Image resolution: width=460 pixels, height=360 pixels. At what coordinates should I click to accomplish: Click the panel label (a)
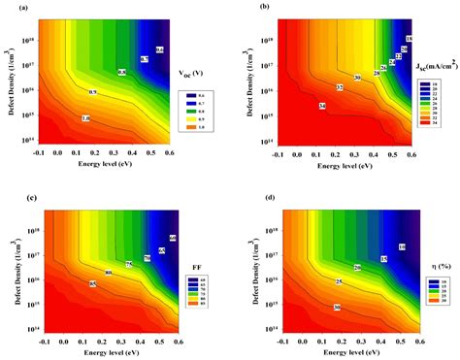[8, 7]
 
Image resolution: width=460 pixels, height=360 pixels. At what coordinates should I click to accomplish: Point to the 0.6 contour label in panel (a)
[160, 49]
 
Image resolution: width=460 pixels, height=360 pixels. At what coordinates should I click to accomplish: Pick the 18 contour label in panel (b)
[409, 38]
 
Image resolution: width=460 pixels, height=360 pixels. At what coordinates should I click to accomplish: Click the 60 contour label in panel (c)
[173, 238]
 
